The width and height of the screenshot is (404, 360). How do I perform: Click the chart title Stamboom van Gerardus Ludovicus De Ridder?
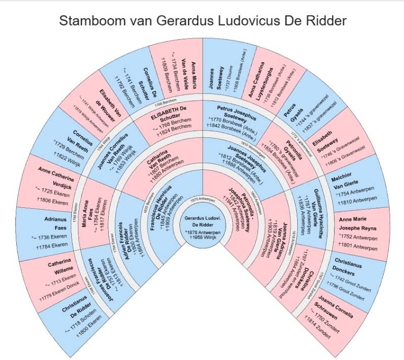tap(202, 21)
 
